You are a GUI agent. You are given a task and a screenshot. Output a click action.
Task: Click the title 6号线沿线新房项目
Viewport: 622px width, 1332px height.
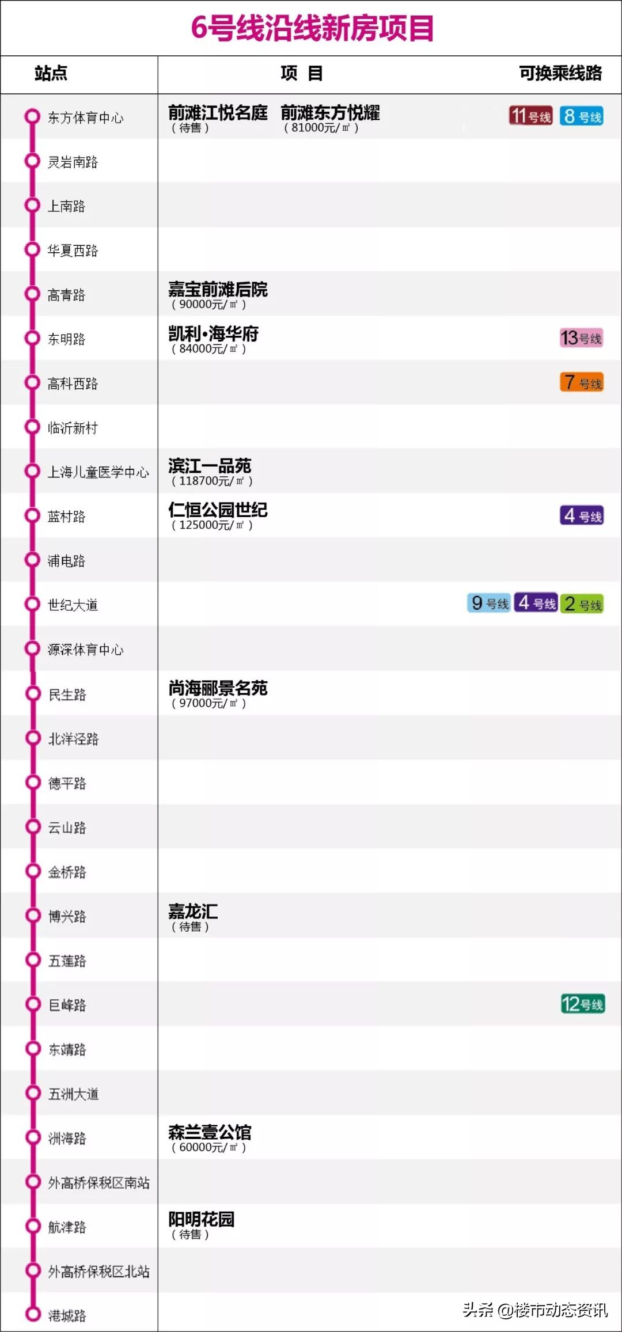point(312,28)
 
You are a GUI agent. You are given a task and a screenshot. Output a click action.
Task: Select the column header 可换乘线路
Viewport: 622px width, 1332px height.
point(560,73)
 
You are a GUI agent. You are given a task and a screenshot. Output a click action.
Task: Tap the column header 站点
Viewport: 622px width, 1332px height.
point(51,73)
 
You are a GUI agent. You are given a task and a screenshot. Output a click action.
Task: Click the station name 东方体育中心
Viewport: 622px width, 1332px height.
point(85,118)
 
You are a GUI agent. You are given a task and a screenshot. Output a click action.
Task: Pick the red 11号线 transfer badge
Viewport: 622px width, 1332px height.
point(530,116)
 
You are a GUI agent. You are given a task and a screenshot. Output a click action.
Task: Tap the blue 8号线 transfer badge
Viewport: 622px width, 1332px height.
point(582,116)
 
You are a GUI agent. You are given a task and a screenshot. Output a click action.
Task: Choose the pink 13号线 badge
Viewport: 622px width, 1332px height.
point(581,338)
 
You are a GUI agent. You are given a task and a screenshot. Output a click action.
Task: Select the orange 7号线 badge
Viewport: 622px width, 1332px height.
point(582,382)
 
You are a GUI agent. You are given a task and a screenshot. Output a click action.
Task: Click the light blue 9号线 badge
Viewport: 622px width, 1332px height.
point(489,604)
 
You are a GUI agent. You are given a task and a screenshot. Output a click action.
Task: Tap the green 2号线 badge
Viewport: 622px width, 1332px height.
point(582,604)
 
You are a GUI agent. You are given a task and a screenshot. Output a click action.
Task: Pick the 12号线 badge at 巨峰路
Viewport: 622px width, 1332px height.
point(582,1004)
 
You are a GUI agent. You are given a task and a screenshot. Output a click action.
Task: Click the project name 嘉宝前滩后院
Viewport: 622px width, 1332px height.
point(218,289)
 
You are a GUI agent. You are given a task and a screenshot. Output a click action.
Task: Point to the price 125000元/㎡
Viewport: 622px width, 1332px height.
point(212,525)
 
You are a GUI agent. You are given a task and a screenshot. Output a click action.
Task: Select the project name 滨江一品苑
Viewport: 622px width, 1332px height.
point(210,466)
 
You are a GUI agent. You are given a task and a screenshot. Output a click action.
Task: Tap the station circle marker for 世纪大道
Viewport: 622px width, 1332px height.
point(32,604)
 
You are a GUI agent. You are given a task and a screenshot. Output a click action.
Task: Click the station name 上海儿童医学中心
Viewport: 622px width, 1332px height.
point(98,472)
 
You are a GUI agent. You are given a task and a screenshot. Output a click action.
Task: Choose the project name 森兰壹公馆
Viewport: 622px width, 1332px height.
point(210,1132)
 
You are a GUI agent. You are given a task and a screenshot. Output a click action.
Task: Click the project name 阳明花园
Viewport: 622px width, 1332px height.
point(201,1220)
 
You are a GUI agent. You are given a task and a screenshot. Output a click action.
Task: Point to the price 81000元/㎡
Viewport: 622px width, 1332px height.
point(321,128)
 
